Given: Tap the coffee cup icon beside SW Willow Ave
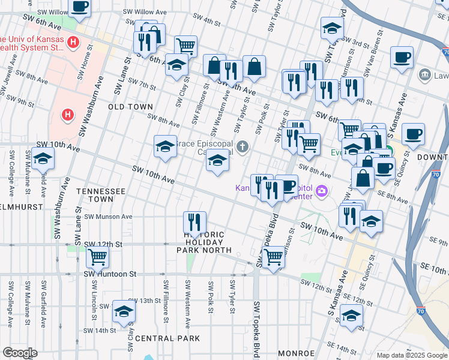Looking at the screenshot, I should (x=80, y=7).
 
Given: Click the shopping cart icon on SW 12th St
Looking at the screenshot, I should (x=97, y=257).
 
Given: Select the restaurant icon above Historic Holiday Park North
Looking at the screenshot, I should (x=194, y=221).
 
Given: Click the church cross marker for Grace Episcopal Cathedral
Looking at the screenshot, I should (x=243, y=147).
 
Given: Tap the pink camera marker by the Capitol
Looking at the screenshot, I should (x=322, y=191).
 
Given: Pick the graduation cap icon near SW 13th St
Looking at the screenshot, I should (x=124, y=311).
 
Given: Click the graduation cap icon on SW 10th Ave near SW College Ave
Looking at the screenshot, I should (x=43, y=158).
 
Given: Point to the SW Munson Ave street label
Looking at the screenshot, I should (x=108, y=216).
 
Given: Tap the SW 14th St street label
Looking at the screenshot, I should (x=100, y=330).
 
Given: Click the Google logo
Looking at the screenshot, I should (x=20, y=353).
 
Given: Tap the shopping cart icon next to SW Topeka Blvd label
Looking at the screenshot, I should (x=273, y=257).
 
